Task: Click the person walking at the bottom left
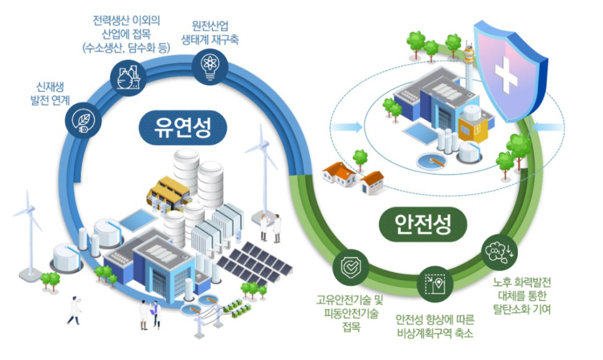(73, 310)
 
